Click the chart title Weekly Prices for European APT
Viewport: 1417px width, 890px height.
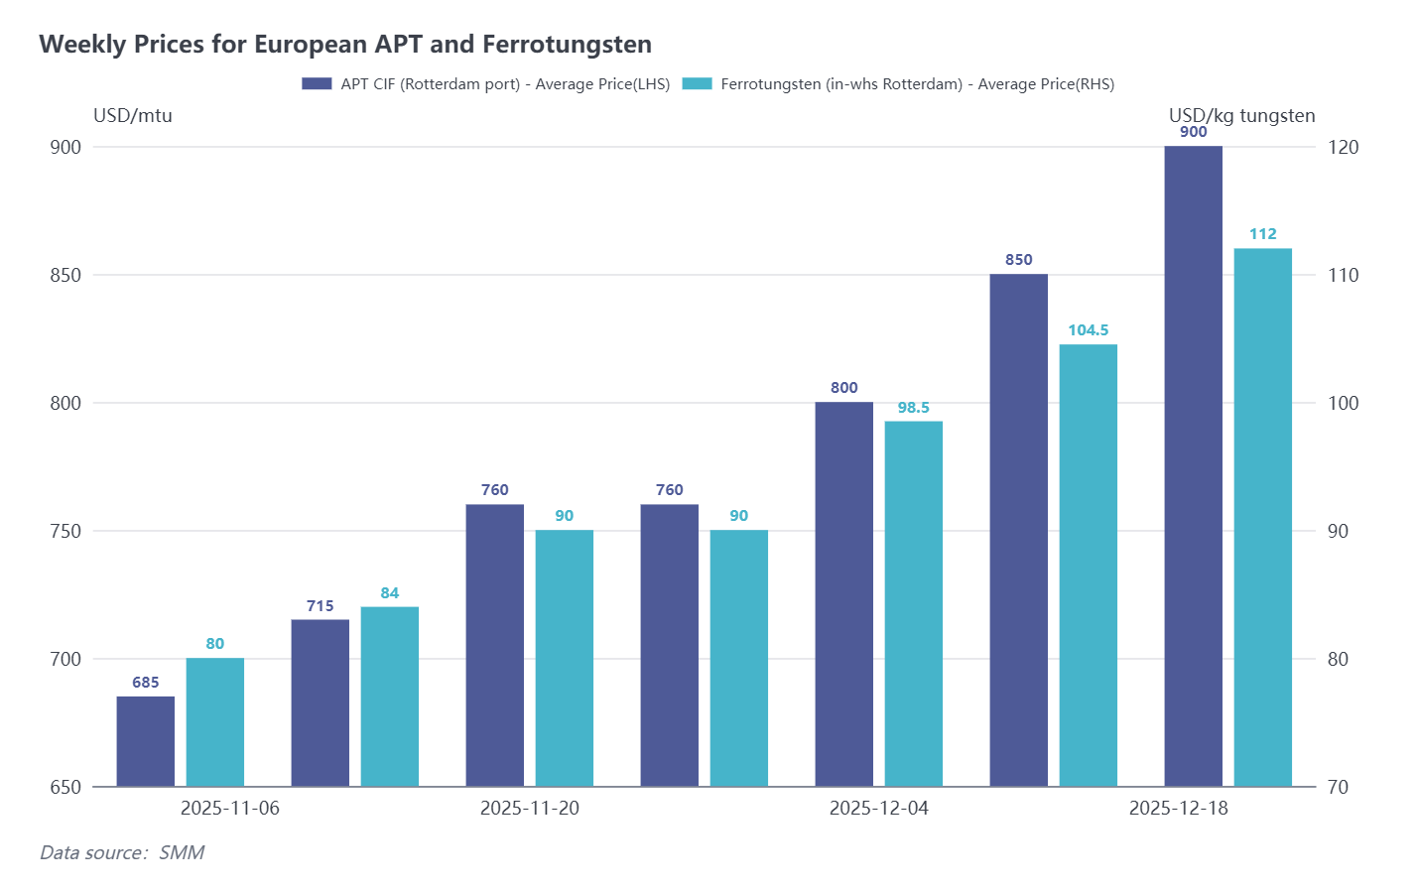click(345, 45)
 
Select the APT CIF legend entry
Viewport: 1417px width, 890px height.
click(486, 84)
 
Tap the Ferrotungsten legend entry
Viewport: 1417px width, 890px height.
click(898, 84)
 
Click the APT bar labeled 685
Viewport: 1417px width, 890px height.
click(146, 741)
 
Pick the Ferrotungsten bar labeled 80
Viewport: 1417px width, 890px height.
click(215, 722)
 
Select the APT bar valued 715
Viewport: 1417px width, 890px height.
click(321, 702)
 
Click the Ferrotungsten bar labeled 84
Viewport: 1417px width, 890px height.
click(390, 697)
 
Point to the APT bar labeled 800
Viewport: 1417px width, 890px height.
click(844, 593)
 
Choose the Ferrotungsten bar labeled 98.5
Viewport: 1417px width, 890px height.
click(914, 603)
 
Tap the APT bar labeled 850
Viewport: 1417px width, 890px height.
click(1019, 530)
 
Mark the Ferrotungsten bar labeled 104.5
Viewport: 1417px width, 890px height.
click(1089, 566)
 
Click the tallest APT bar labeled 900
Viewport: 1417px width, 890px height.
click(1194, 466)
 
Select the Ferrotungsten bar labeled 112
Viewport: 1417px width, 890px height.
click(1263, 517)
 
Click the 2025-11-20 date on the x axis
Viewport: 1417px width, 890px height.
click(530, 809)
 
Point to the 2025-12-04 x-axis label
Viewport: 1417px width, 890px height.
click(879, 809)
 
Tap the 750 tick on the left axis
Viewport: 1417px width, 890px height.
click(65, 532)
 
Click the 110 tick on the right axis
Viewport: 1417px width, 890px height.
click(1344, 276)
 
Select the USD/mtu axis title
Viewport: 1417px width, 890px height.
click(133, 116)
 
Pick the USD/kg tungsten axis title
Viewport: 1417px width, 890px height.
click(1241, 116)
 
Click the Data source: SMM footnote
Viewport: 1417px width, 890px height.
click(122, 853)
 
